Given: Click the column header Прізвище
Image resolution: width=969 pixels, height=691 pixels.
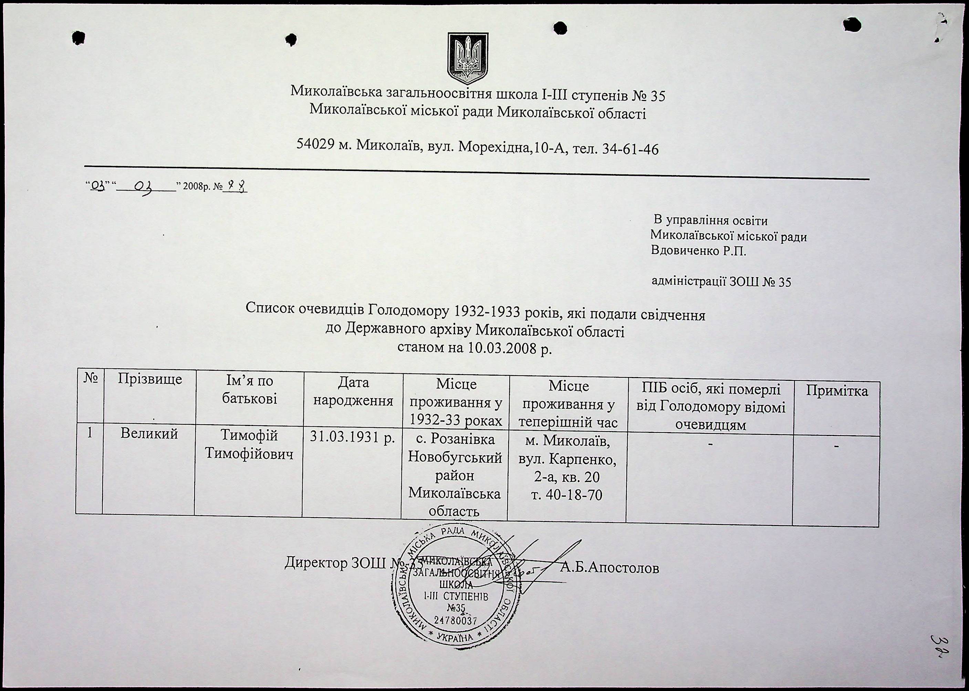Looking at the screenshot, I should [150, 379].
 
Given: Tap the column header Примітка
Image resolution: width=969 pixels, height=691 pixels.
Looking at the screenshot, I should [837, 391].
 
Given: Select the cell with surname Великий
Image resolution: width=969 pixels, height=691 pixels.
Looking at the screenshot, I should [149, 434].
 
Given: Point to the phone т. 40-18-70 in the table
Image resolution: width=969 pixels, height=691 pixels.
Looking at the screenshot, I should [567, 495].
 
